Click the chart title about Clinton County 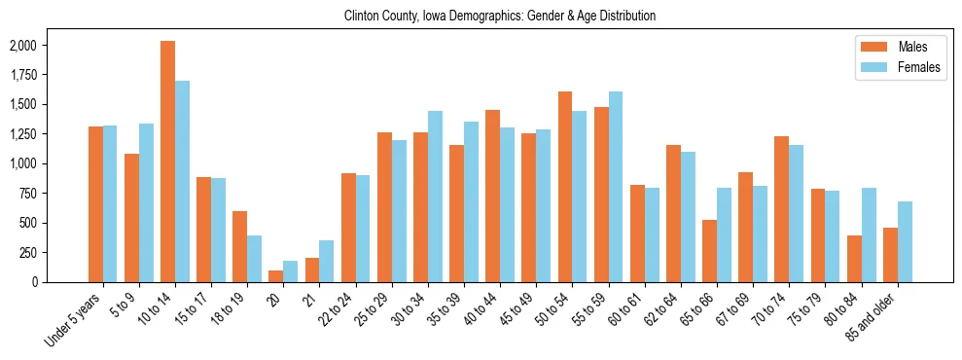(x=500, y=17)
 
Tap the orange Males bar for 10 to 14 (x=167, y=162)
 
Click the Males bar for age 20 (x=275, y=276)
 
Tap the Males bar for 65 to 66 (x=709, y=251)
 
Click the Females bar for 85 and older (x=905, y=241)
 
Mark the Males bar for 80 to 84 (x=854, y=259)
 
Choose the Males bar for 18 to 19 (x=239, y=246)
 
